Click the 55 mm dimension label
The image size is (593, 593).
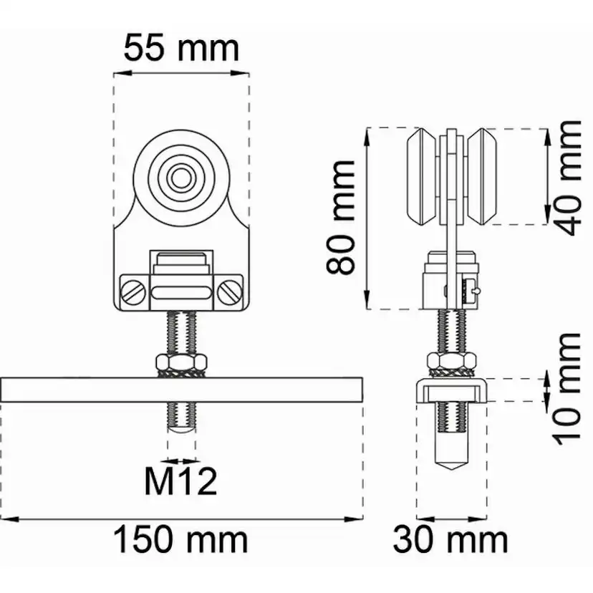click(x=181, y=49)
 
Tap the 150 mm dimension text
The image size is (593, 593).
click(x=180, y=540)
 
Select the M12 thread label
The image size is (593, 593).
click(x=180, y=481)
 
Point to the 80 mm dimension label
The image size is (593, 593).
click(x=340, y=217)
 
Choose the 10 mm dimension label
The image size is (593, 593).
click(x=567, y=389)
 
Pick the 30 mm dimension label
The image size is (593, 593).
click(x=450, y=540)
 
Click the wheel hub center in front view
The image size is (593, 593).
click(x=181, y=178)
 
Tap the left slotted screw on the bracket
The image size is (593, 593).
click(x=133, y=292)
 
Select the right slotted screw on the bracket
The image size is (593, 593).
click(x=230, y=292)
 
